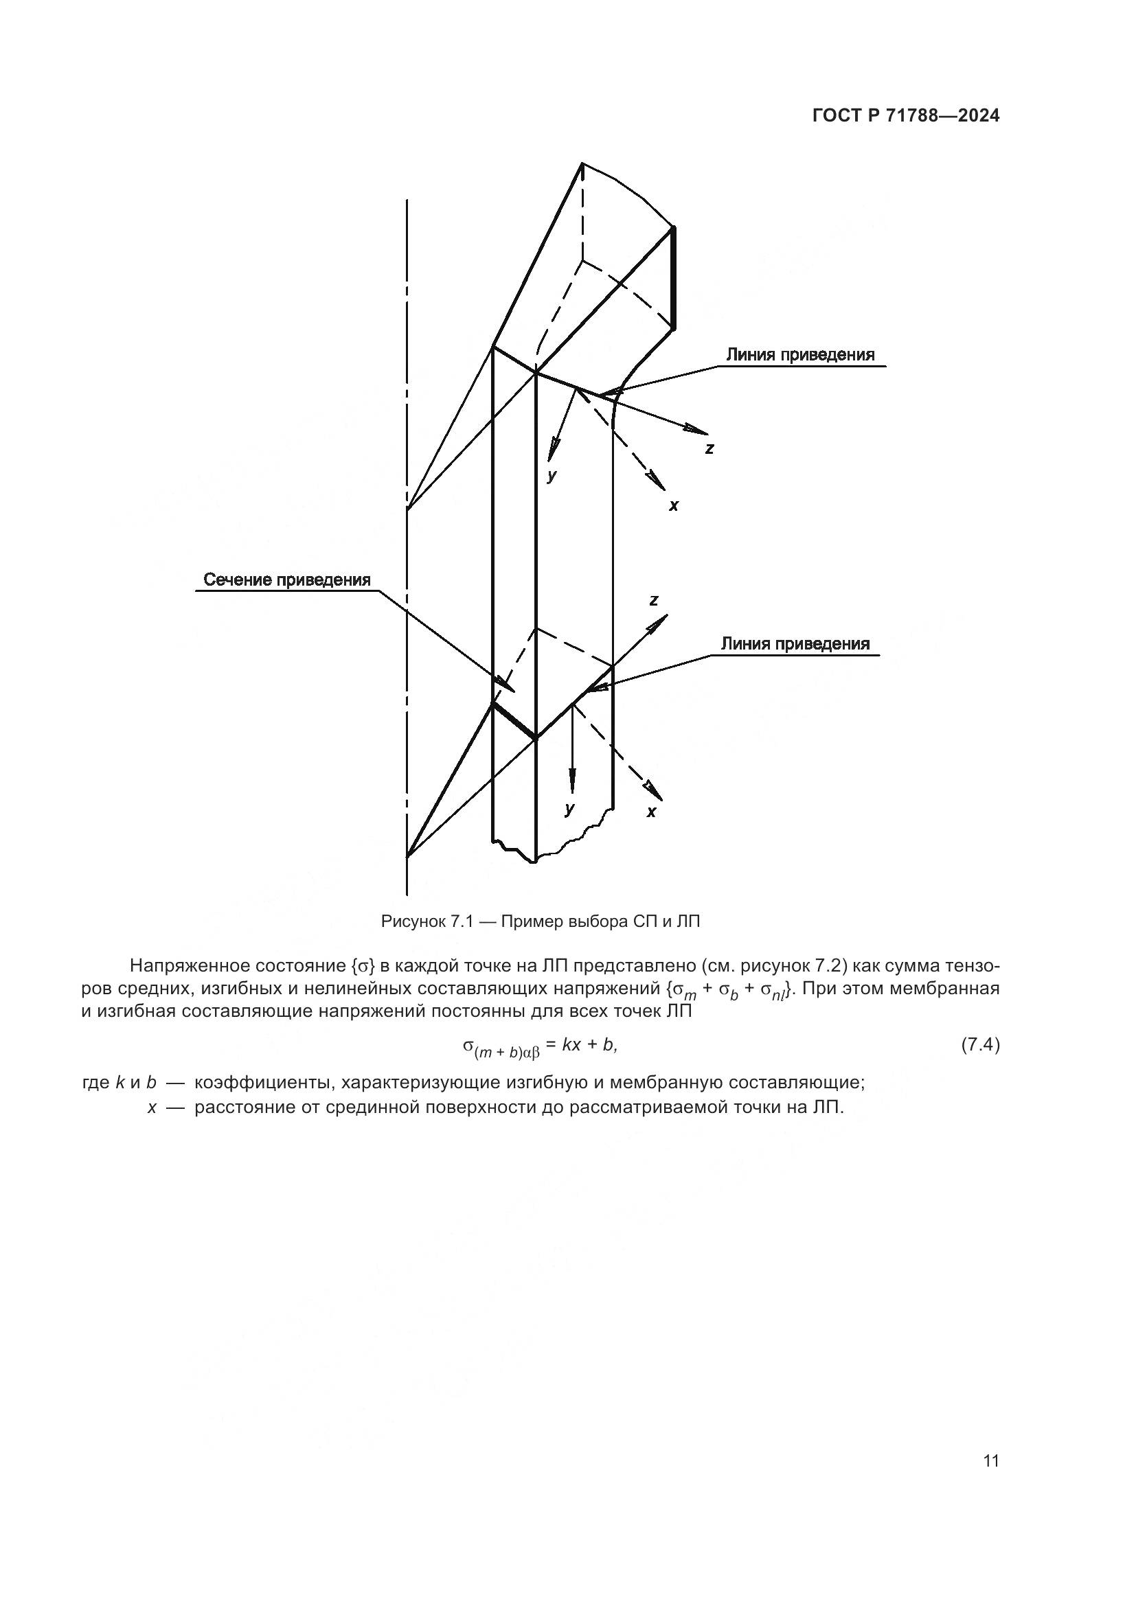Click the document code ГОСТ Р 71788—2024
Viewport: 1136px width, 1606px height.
(906, 116)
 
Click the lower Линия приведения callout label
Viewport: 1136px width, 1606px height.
(795, 643)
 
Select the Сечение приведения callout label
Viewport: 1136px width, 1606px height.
(287, 580)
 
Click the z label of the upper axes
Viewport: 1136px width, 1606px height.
(709, 449)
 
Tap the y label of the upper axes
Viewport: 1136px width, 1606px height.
(552, 477)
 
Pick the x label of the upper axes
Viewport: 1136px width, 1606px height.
(673, 505)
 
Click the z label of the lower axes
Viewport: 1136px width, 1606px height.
(653, 599)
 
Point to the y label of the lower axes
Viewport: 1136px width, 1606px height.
(569, 810)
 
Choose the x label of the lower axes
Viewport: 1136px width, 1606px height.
(651, 812)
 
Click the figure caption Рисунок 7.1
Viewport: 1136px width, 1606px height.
(540, 921)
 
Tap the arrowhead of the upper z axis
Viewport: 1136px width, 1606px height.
(696, 428)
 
